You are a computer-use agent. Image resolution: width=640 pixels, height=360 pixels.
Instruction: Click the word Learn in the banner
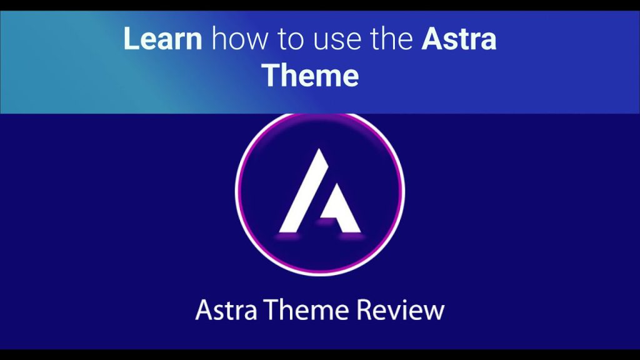[x=162, y=39]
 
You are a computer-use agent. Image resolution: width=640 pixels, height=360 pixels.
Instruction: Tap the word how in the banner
[x=240, y=39]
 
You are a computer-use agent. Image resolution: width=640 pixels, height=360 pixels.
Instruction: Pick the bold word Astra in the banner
[x=459, y=39]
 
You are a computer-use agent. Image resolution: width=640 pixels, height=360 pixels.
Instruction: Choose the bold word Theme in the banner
[x=311, y=75]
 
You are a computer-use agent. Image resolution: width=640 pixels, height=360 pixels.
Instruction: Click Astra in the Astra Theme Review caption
[x=226, y=310]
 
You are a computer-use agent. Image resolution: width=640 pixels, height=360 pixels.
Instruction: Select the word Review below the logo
[x=401, y=310]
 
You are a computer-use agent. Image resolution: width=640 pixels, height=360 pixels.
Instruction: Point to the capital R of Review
[x=364, y=310]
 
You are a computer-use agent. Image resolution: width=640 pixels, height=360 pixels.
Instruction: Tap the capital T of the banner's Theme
[x=274, y=75]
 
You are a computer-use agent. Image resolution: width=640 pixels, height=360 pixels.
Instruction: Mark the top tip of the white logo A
[x=319, y=149]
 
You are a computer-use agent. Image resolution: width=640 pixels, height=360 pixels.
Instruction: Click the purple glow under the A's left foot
[x=287, y=236]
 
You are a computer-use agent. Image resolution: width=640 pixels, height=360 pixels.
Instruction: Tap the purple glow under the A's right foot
[x=352, y=236]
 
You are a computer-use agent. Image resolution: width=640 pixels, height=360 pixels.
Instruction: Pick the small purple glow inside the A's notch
[x=326, y=222]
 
